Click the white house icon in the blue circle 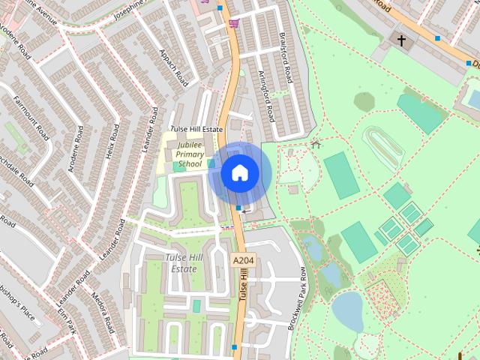(x=240, y=173)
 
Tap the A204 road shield (x=243, y=260)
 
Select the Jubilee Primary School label (x=190, y=154)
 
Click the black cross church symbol (x=401, y=40)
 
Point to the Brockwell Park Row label (x=297, y=298)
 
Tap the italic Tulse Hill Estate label (x=183, y=263)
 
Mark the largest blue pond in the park (x=346, y=310)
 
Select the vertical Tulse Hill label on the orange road (x=244, y=289)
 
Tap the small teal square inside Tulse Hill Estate (x=196, y=305)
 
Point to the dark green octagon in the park (x=364, y=101)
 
